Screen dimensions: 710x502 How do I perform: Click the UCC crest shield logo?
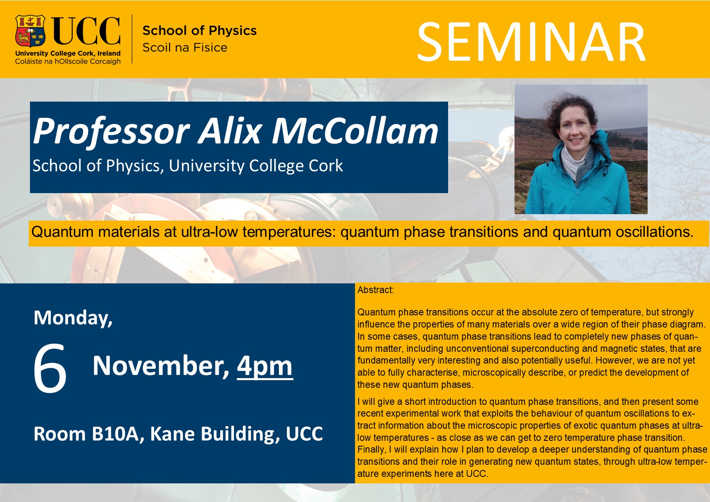click(30, 31)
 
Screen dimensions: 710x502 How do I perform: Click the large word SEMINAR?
click(531, 42)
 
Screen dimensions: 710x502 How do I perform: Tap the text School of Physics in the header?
click(200, 30)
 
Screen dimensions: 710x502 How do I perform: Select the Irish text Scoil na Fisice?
click(185, 47)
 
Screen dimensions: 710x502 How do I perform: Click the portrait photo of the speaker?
click(581, 149)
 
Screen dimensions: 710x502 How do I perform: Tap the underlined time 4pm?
click(265, 366)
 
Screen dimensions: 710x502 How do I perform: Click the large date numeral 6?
click(50, 368)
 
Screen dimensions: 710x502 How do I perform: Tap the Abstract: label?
click(376, 290)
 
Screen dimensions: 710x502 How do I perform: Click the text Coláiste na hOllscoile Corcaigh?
click(68, 61)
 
